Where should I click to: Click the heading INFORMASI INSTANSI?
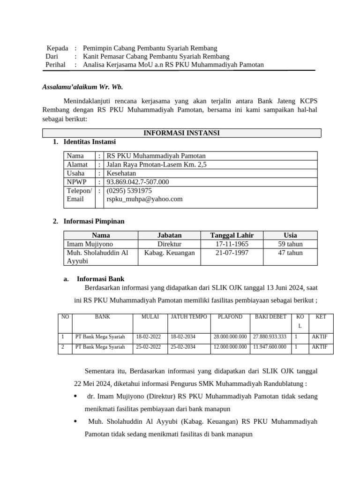click(x=181, y=133)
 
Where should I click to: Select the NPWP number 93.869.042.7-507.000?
click(x=138, y=182)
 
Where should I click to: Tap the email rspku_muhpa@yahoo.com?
click(x=144, y=199)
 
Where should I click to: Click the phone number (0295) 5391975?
click(x=129, y=191)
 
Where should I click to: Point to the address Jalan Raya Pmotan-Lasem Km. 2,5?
click(x=157, y=165)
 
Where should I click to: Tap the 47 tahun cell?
click(x=290, y=253)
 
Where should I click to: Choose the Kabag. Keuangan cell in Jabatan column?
click(x=169, y=253)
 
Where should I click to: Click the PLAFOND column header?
click(x=230, y=317)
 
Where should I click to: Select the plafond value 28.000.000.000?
click(x=230, y=337)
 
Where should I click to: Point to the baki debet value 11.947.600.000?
click(x=270, y=347)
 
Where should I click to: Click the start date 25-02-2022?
click(x=148, y=347)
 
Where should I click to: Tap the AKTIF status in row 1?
click(x=320, y=337)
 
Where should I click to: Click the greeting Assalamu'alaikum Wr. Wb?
click(x=82, y=87)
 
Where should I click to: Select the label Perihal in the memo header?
click(x=55, y=65)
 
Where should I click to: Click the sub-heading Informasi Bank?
click(x=100, y=279)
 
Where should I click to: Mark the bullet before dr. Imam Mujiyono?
click(x=76, y=397)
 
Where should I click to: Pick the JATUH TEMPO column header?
click(x=188, y=317)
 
